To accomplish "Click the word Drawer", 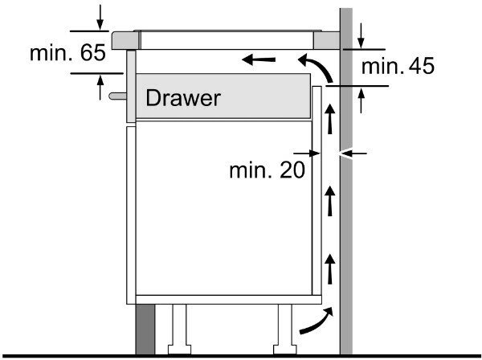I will (182, 98).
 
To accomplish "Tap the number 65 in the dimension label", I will (93, 53).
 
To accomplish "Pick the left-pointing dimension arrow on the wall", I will (353, 152).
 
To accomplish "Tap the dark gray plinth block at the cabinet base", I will (145, 329).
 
